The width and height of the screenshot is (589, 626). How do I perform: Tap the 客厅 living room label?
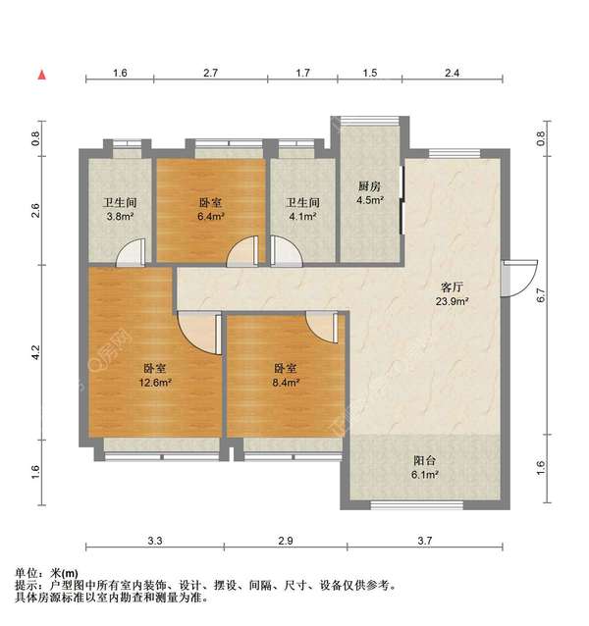(x=452, y=288)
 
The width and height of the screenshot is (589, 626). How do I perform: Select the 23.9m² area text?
(x=452, y=302)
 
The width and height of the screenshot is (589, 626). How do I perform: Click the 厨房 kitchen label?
(x=369, y=186)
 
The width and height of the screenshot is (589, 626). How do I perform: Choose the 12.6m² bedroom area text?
(x=154, y=383)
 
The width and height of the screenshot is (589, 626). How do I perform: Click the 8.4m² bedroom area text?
(x=286, y=383)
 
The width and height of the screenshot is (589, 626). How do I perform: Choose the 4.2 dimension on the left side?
(x=35, y=351)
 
